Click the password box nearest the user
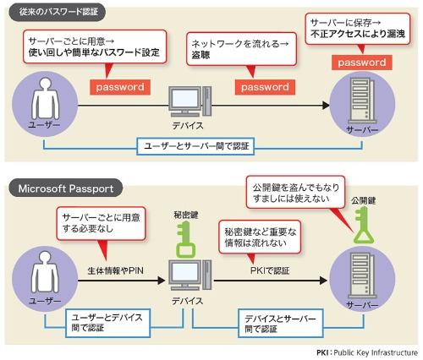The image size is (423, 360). click(x=120, y=87)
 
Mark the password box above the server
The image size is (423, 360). click(x=361, y=62)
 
